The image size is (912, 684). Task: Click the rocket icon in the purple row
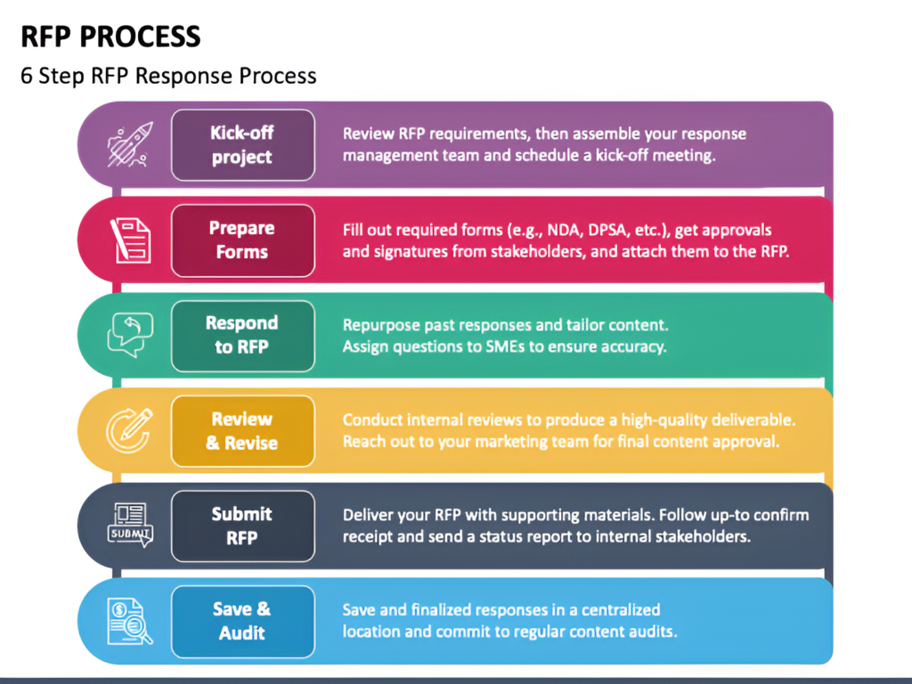pos(130,144)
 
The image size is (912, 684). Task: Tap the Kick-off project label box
pos(243,145)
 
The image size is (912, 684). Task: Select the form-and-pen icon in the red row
pos(130,240)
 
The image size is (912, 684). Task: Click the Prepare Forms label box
pos(243,240)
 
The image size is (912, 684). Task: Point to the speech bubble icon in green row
pos(130,335)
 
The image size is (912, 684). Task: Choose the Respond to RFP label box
pos(243,336)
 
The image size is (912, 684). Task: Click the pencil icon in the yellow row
pos(130,430)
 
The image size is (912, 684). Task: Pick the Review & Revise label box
pos(243,431)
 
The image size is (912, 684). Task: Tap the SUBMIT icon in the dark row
pos(130,525)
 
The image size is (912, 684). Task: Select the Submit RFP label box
pos(243,525)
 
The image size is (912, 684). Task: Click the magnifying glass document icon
pos(130,622)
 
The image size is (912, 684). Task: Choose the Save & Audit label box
pos(243,621)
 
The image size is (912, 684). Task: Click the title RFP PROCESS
pos(110,36)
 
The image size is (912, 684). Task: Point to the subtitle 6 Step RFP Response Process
pos(168,76)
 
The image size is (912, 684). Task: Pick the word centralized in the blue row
pos(621,609)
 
